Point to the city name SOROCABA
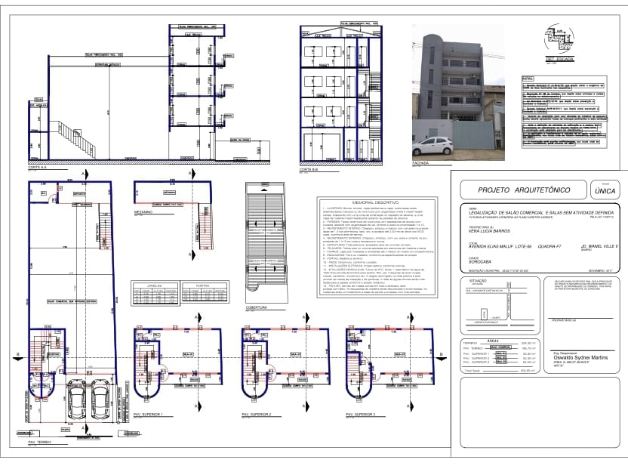pyautogui.click(x=481, y=265)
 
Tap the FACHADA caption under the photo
pyautogui.click(x=420, y=162)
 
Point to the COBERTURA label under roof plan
pyautogui.click(x=257, y=307)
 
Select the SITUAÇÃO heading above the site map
pyautogui.click(x=468, y=279)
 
